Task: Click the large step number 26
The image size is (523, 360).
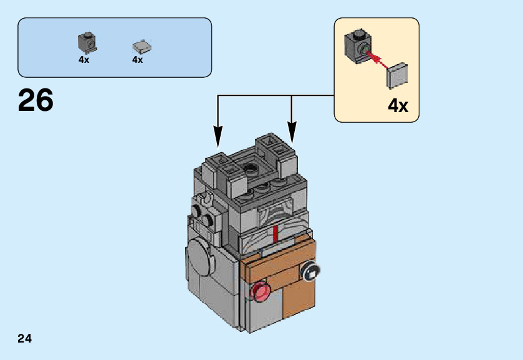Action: pos(36,100)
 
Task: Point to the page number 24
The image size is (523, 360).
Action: pos(25,339)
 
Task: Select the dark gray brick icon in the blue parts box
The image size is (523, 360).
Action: pos(87,42)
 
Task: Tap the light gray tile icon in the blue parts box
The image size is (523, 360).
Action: pos(142,46)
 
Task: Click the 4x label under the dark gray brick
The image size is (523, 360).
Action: pos(84,60)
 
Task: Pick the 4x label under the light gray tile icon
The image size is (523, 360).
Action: pos(138,60)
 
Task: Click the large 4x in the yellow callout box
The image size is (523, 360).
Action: pos(398,106)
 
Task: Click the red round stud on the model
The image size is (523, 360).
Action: pos(259,291)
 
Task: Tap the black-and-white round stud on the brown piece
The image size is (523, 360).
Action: pos(310,271)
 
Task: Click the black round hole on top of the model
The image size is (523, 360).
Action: pos(252,167)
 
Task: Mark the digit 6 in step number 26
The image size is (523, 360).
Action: pos(45,100)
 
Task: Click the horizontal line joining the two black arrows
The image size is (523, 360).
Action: pos(274,95)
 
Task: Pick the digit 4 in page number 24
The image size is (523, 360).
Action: pos(29,339)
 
